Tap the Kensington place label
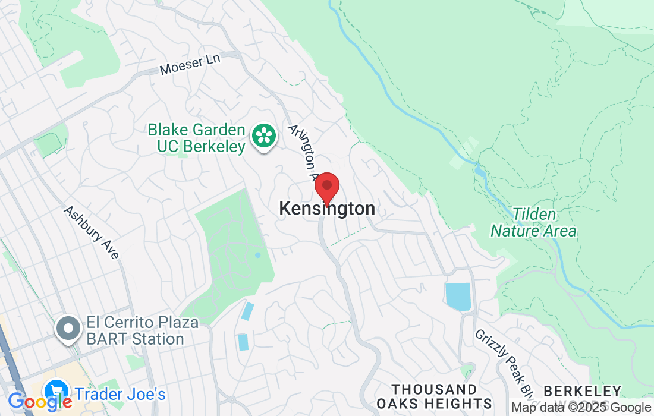click(327, 209)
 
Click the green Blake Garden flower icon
click(262, 136)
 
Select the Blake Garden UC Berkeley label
click(196, 138)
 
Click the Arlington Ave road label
click(304, 152)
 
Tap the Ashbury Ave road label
click(92, 232)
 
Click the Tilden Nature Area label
click(533, 223)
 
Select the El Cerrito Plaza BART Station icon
click(68, 329)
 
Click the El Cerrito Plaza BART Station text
click(135, 331)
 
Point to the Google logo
click(39, 401)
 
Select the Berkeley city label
click(582, 392)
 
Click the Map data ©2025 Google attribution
click(581, 408)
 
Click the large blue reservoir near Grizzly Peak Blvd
click(458, 297)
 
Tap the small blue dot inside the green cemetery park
click(257, 256)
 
